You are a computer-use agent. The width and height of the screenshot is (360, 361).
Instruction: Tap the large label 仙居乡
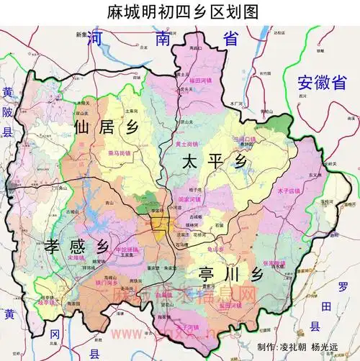point(104,128)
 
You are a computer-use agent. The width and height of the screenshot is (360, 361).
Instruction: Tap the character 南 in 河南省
point(166,42)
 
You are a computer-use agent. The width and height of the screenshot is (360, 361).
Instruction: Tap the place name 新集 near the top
point(81,34)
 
